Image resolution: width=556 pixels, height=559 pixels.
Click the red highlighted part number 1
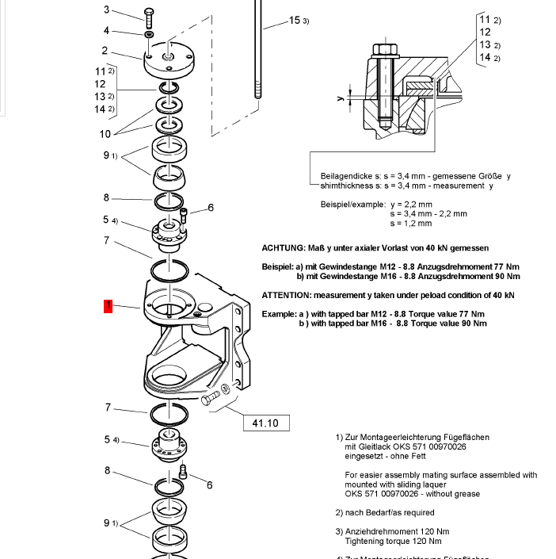(109, 306)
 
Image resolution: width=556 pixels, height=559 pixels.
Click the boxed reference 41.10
(265, 423)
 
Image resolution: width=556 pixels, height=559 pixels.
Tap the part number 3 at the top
(107, 10)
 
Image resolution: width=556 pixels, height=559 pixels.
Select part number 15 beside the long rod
(295, 20)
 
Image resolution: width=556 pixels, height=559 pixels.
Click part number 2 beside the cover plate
(105, 51)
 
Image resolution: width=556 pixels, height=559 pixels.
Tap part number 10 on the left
(105, 133)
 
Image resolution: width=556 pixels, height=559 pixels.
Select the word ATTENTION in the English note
(288, 295)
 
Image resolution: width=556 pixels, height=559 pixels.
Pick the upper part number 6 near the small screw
(211, 209)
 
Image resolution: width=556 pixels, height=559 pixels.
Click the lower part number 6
(210, 485)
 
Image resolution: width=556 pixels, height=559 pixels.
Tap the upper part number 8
(106, 197)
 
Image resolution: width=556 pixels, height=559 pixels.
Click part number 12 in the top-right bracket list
(485, 33)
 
